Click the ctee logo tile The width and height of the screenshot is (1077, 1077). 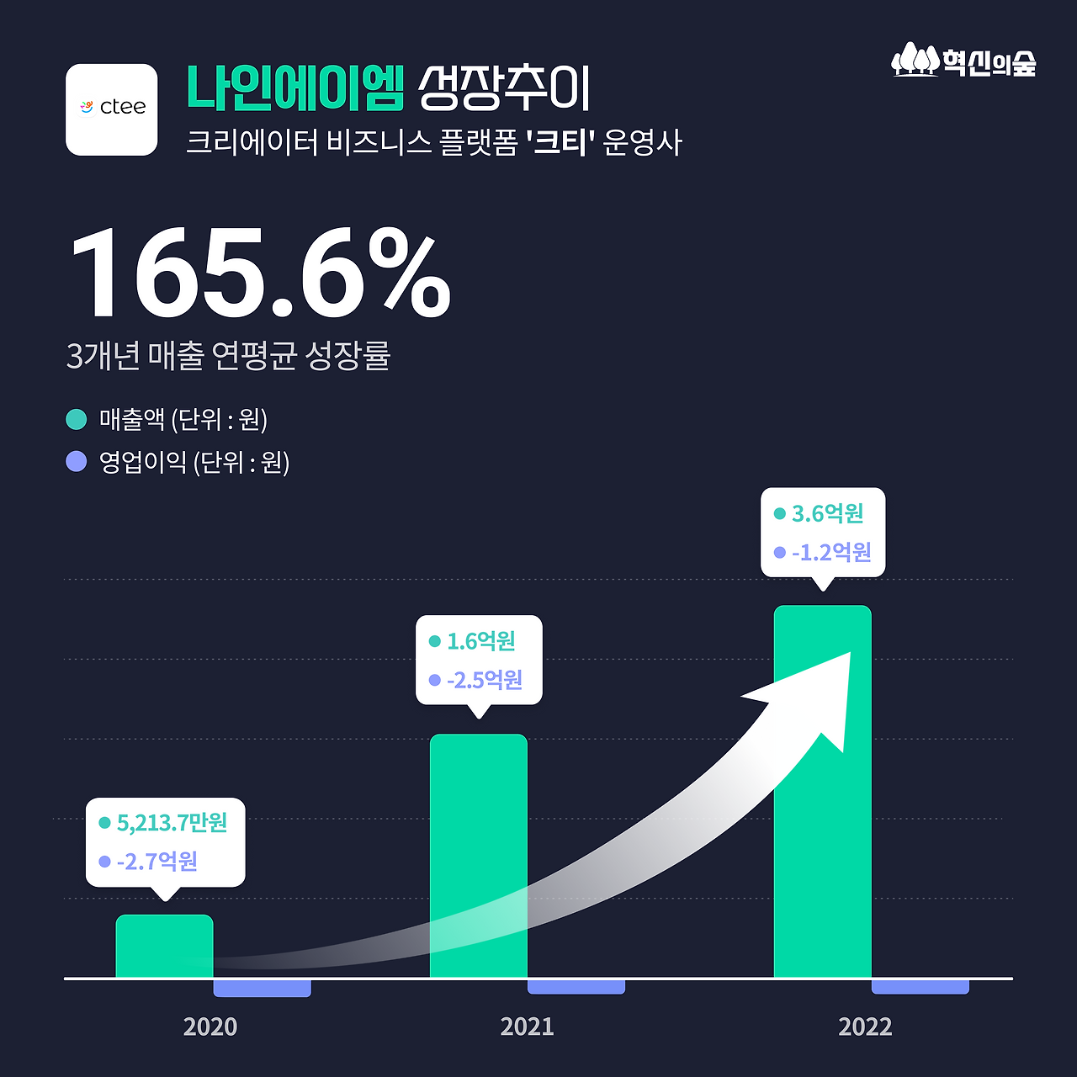coord(112,109)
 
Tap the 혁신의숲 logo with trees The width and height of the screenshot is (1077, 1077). coord(963,61)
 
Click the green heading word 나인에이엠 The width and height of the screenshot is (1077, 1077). coord(295,88)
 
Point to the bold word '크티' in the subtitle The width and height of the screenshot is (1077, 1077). coord(560,142)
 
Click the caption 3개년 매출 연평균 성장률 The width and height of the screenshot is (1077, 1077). coord(228,356)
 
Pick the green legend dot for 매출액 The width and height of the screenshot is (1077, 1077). coord(77,418)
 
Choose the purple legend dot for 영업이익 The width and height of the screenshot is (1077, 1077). coord(77,461)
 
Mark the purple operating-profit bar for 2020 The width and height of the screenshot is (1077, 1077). coord(262,988)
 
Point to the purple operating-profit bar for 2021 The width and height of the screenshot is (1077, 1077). coord(576,986)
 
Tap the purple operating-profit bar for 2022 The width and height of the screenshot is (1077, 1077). coord(920,986)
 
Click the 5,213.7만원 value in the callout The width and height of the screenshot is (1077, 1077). coord(172,822)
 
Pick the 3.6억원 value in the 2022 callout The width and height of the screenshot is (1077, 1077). coord(827,513)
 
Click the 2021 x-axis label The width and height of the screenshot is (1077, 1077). coord(527,1027)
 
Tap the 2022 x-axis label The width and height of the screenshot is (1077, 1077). coord(865,1027)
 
